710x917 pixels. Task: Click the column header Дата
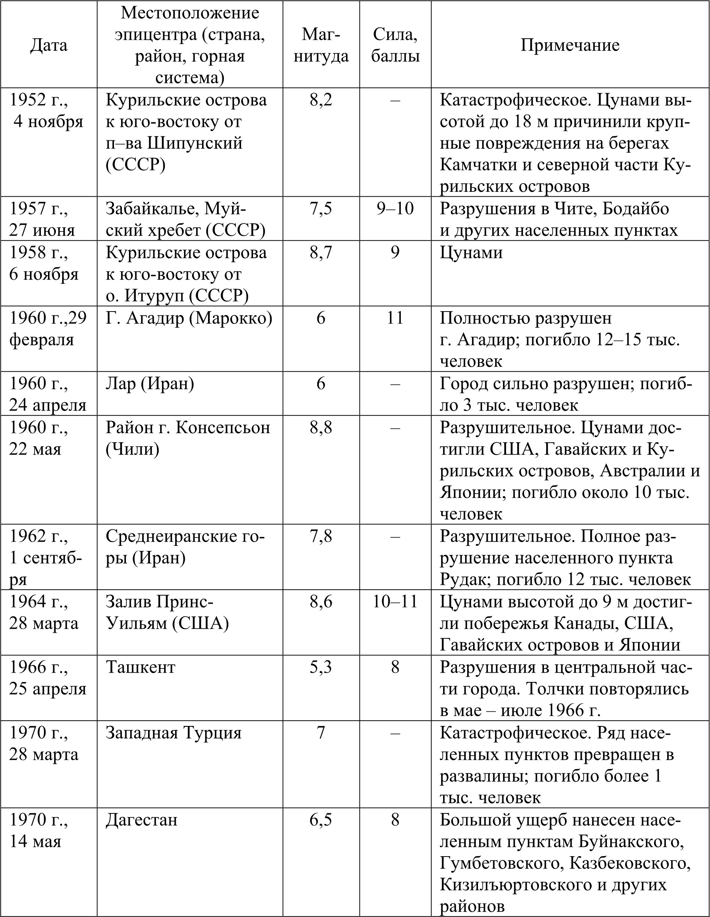pos(49,45)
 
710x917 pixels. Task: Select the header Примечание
pos(570,45)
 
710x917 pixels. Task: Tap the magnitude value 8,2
pos(321,100)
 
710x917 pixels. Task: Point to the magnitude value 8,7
pos(321,252)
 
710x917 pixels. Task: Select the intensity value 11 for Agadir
pos(395,318)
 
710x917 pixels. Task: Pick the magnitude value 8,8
pos(321,428)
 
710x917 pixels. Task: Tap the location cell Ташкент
pos(141,667)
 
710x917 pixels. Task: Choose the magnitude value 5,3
pos(321,667)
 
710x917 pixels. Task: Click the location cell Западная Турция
pos(174,733)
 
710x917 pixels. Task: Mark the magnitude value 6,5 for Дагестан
pos(321,819)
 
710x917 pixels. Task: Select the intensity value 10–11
pos(395,602)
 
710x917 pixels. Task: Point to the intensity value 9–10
pos(395,209)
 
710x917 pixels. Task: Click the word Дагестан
pos(141,819)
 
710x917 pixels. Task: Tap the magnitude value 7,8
pos(321,536)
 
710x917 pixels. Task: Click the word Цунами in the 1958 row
pos(471,252)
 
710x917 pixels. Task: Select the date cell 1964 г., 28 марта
pos(43,613)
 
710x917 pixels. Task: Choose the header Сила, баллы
pos(395,45)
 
